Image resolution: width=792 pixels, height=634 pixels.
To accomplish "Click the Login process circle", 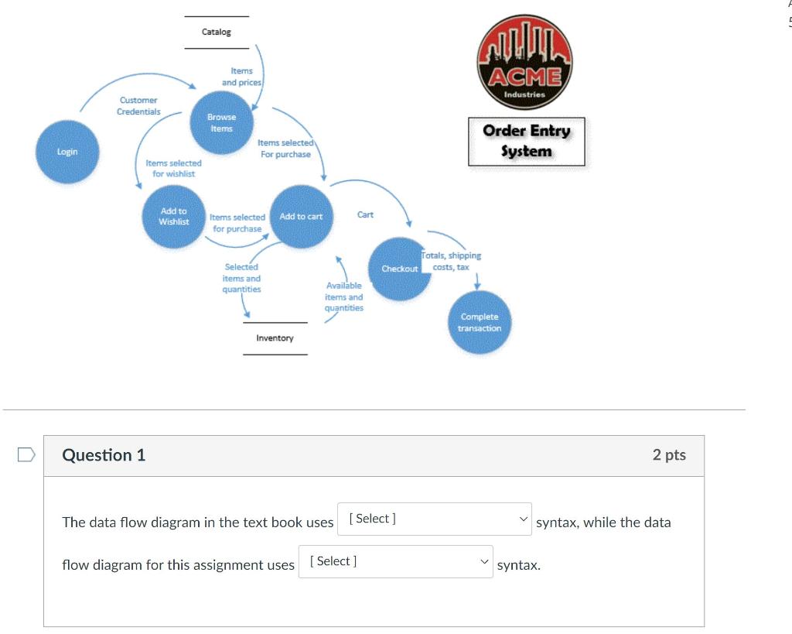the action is (67, 152).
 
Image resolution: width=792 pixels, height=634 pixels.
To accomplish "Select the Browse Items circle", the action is (221, 123).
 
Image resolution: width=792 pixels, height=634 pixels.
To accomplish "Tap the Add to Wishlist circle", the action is (174, 217).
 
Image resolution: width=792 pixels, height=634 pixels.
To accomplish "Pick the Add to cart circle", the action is (301, 217).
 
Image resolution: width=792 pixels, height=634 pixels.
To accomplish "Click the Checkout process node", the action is (399, 269).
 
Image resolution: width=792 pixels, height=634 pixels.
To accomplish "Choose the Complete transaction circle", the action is (480, 322).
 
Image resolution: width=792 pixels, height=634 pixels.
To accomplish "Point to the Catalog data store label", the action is (217, 32).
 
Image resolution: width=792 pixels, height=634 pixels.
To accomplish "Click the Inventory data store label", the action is (275, 338).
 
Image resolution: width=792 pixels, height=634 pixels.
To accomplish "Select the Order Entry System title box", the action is (526, 141).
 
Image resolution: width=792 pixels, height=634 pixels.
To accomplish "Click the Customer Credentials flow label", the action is (138, 106).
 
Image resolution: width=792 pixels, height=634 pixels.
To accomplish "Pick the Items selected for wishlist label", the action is (174, 168).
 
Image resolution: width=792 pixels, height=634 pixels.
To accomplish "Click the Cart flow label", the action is (365, 214).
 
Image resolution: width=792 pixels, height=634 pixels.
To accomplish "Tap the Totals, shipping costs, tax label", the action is (452, 261).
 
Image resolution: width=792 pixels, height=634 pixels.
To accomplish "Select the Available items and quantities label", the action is (343, 296).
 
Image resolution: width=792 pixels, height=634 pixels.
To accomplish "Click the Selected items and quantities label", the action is (241, 278).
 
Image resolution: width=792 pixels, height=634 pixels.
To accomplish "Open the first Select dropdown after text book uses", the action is (434, 519).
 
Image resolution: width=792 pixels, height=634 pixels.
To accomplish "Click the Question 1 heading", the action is (104, 455).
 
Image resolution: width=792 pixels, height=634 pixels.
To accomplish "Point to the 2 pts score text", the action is (669, 455).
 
